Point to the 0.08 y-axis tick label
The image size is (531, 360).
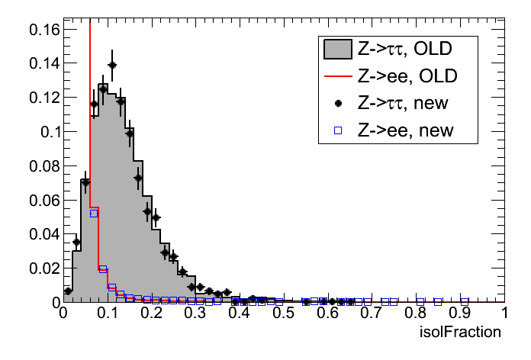pos(40,166)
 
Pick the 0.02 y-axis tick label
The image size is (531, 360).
pos(40,268)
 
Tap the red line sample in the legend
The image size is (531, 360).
pos(336,77)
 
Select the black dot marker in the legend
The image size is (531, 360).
pos(336,104)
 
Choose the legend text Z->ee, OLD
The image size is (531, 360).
pos(404,77)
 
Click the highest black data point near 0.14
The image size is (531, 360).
pos(112,66)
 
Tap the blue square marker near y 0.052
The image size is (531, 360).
pos(94,214)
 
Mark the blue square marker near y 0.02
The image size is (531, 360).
pos(103,268)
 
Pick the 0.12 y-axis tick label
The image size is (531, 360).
pos(40,98)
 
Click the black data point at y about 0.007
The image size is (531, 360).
pos(68,291)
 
